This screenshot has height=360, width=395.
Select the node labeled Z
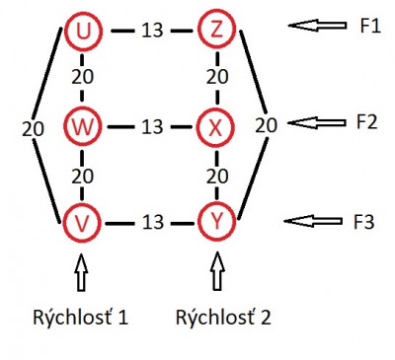(x=216, y=31)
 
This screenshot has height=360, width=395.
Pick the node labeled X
(x=216, y=126)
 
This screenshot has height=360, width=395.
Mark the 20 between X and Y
(x=216, y=175)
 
